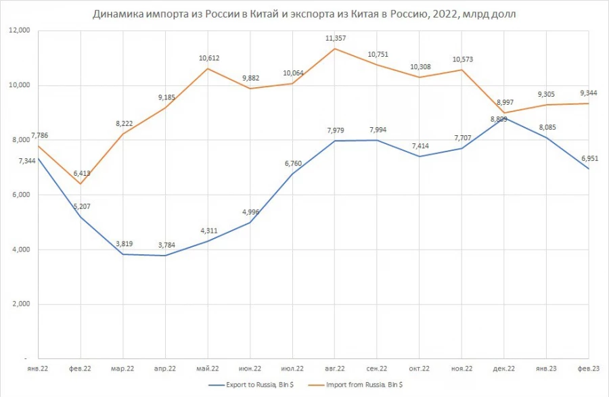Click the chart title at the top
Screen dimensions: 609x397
pos(304,14)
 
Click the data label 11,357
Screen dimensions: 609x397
pos(336,38)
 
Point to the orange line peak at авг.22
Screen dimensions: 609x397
pos(335,49)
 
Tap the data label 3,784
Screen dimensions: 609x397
pos(166,245)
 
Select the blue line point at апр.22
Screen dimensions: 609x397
pos(166,256)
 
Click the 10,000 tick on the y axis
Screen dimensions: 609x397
pos(20,85)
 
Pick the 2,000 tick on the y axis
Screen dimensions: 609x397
pos(22,304)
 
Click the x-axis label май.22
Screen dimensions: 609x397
pos(208,369)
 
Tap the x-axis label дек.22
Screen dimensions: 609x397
pos(503,369)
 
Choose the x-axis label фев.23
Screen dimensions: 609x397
pos(589,369)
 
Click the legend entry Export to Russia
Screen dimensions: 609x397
pos(251,385)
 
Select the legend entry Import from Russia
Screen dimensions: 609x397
pos(355,385)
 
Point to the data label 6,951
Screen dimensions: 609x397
pos(589,158)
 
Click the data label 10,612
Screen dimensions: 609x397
pos(209,58)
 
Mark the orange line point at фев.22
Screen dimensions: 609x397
pos(81,183)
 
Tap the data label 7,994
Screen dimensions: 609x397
pos(378,130)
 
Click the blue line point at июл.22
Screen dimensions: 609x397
pos(292,173)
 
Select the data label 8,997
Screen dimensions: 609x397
pos(505,102)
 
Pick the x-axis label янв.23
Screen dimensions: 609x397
pos(546,369)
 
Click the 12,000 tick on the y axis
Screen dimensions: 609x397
pos(20,30)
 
